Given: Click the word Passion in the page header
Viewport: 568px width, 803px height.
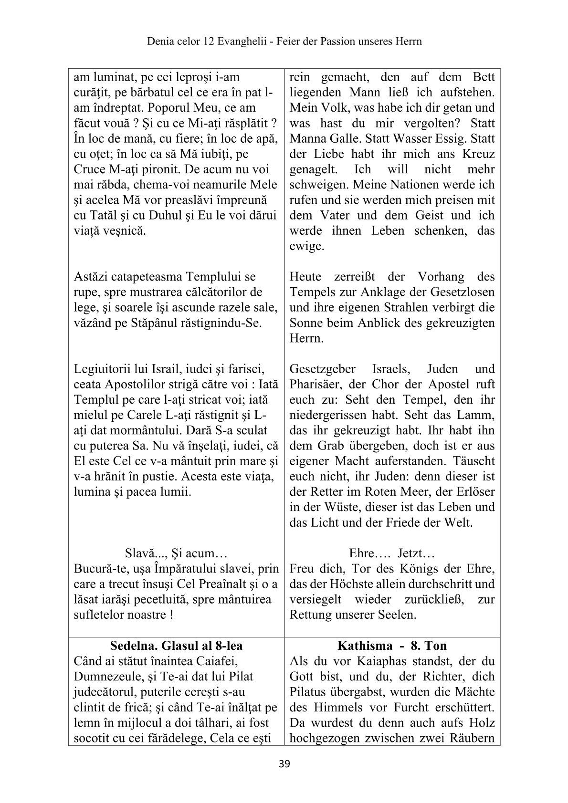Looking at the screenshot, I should click(x=337, y=42).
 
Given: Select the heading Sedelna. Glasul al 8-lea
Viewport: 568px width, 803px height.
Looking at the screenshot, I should click(x=176, y=646).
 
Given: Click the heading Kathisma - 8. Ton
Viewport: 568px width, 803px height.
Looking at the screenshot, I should click(x=392, y=646).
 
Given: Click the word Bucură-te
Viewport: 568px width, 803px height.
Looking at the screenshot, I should click(x=101, y=569).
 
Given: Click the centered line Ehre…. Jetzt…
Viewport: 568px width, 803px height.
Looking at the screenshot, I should click(x=392, y=554).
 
